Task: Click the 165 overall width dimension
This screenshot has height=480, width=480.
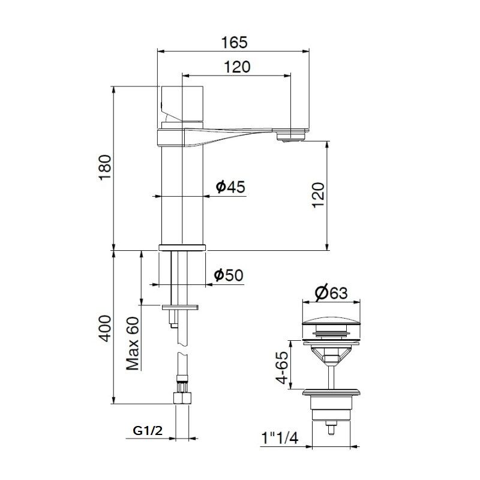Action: click(x=234, y=43)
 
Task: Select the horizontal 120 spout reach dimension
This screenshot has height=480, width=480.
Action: click(x=237, y=67)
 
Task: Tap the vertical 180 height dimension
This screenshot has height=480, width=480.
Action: click(x=105, y=167)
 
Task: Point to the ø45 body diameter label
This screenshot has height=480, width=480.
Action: click(x=230, y=187)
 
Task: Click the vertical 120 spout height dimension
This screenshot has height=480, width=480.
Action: click(x=318, y=194)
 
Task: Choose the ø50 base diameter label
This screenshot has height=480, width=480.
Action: click(x=229, y=275)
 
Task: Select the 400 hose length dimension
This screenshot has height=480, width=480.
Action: click(x=105, y=328)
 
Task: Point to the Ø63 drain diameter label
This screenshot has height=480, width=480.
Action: click(x=331, y=293)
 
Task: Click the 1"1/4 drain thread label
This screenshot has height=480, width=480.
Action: click(x=280, y=439)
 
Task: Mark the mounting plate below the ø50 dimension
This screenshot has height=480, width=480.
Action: click(x=181, y=307)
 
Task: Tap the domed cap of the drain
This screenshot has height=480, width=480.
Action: click(x=331, y=315)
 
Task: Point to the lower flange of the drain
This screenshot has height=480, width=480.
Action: click(x=331, y=393)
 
